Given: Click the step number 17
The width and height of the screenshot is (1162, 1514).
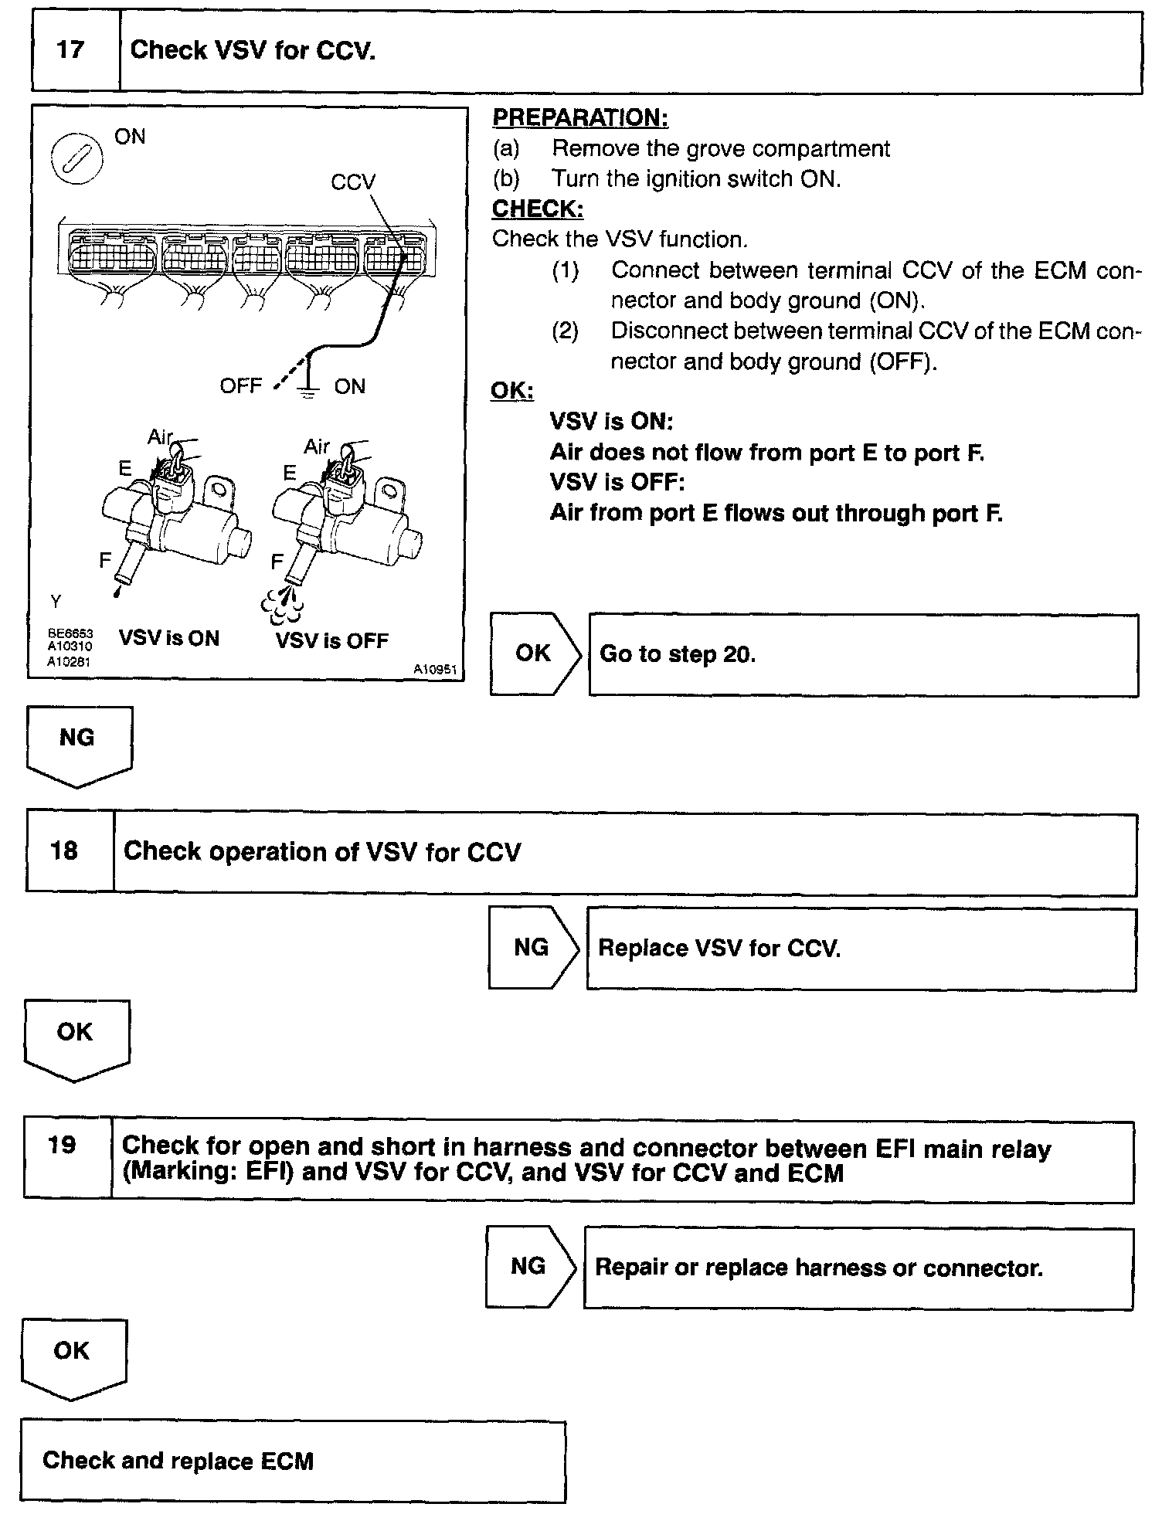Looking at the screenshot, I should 70,50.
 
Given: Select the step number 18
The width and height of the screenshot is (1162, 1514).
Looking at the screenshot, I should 64,851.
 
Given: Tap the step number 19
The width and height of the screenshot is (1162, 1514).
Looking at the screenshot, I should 62,1145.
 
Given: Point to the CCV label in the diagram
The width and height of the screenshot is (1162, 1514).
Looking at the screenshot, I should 353,182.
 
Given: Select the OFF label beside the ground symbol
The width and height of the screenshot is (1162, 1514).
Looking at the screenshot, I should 241,386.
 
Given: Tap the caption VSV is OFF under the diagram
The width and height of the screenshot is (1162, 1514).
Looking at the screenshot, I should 332,640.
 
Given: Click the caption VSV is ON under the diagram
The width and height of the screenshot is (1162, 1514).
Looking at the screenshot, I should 169,639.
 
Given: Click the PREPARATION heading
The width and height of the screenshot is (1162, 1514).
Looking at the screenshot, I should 580,118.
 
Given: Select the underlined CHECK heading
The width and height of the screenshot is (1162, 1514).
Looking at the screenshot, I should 538,209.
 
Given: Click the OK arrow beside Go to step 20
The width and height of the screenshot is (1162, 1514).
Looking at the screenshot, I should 534,653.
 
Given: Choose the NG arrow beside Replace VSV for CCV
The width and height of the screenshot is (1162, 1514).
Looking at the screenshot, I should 532,948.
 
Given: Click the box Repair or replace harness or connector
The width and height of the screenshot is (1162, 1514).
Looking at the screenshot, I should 858,1268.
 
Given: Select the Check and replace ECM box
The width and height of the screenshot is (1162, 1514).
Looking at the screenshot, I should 293,1461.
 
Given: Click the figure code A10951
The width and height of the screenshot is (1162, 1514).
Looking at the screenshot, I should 435,670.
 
